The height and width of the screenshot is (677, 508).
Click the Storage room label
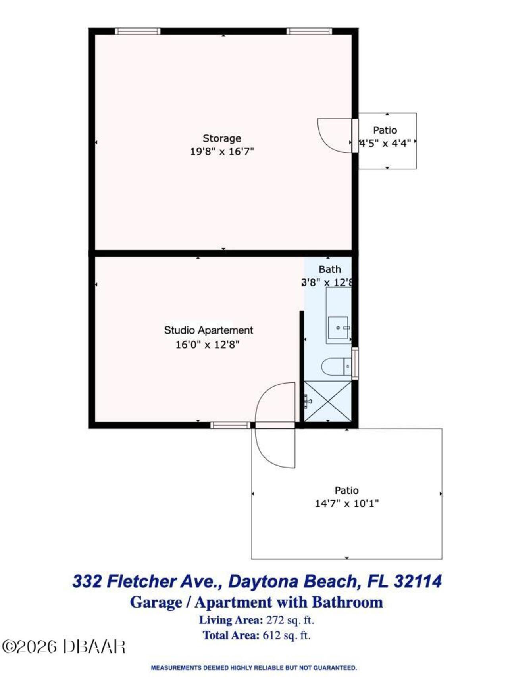[x=221, y=138]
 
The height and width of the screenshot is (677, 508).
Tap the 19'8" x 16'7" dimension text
[x=222, y=152]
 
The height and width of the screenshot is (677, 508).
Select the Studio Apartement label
[x=208, y=330]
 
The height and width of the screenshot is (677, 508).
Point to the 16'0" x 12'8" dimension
[x=207, y=345]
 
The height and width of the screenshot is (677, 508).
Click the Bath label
[x=329, y=270]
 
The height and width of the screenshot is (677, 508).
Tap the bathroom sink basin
[x=338, y=328]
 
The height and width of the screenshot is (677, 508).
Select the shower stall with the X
[x=328, y=401]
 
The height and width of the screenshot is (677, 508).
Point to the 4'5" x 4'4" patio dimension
[x=385, y=143]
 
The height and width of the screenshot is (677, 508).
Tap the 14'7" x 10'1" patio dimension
[x=346, y=504]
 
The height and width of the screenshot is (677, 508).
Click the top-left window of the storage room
[x=137, y=31]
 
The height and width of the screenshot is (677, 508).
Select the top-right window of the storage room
[x=309, y=31]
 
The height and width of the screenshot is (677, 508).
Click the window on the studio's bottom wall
[x=230, y=426]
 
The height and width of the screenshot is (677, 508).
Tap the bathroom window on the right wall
[x=355, y=363]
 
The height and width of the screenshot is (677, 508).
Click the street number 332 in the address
[x=87, y=581]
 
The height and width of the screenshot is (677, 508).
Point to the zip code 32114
[x=418, y=581]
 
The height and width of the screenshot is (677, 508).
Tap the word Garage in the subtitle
[x=156, y=602]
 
